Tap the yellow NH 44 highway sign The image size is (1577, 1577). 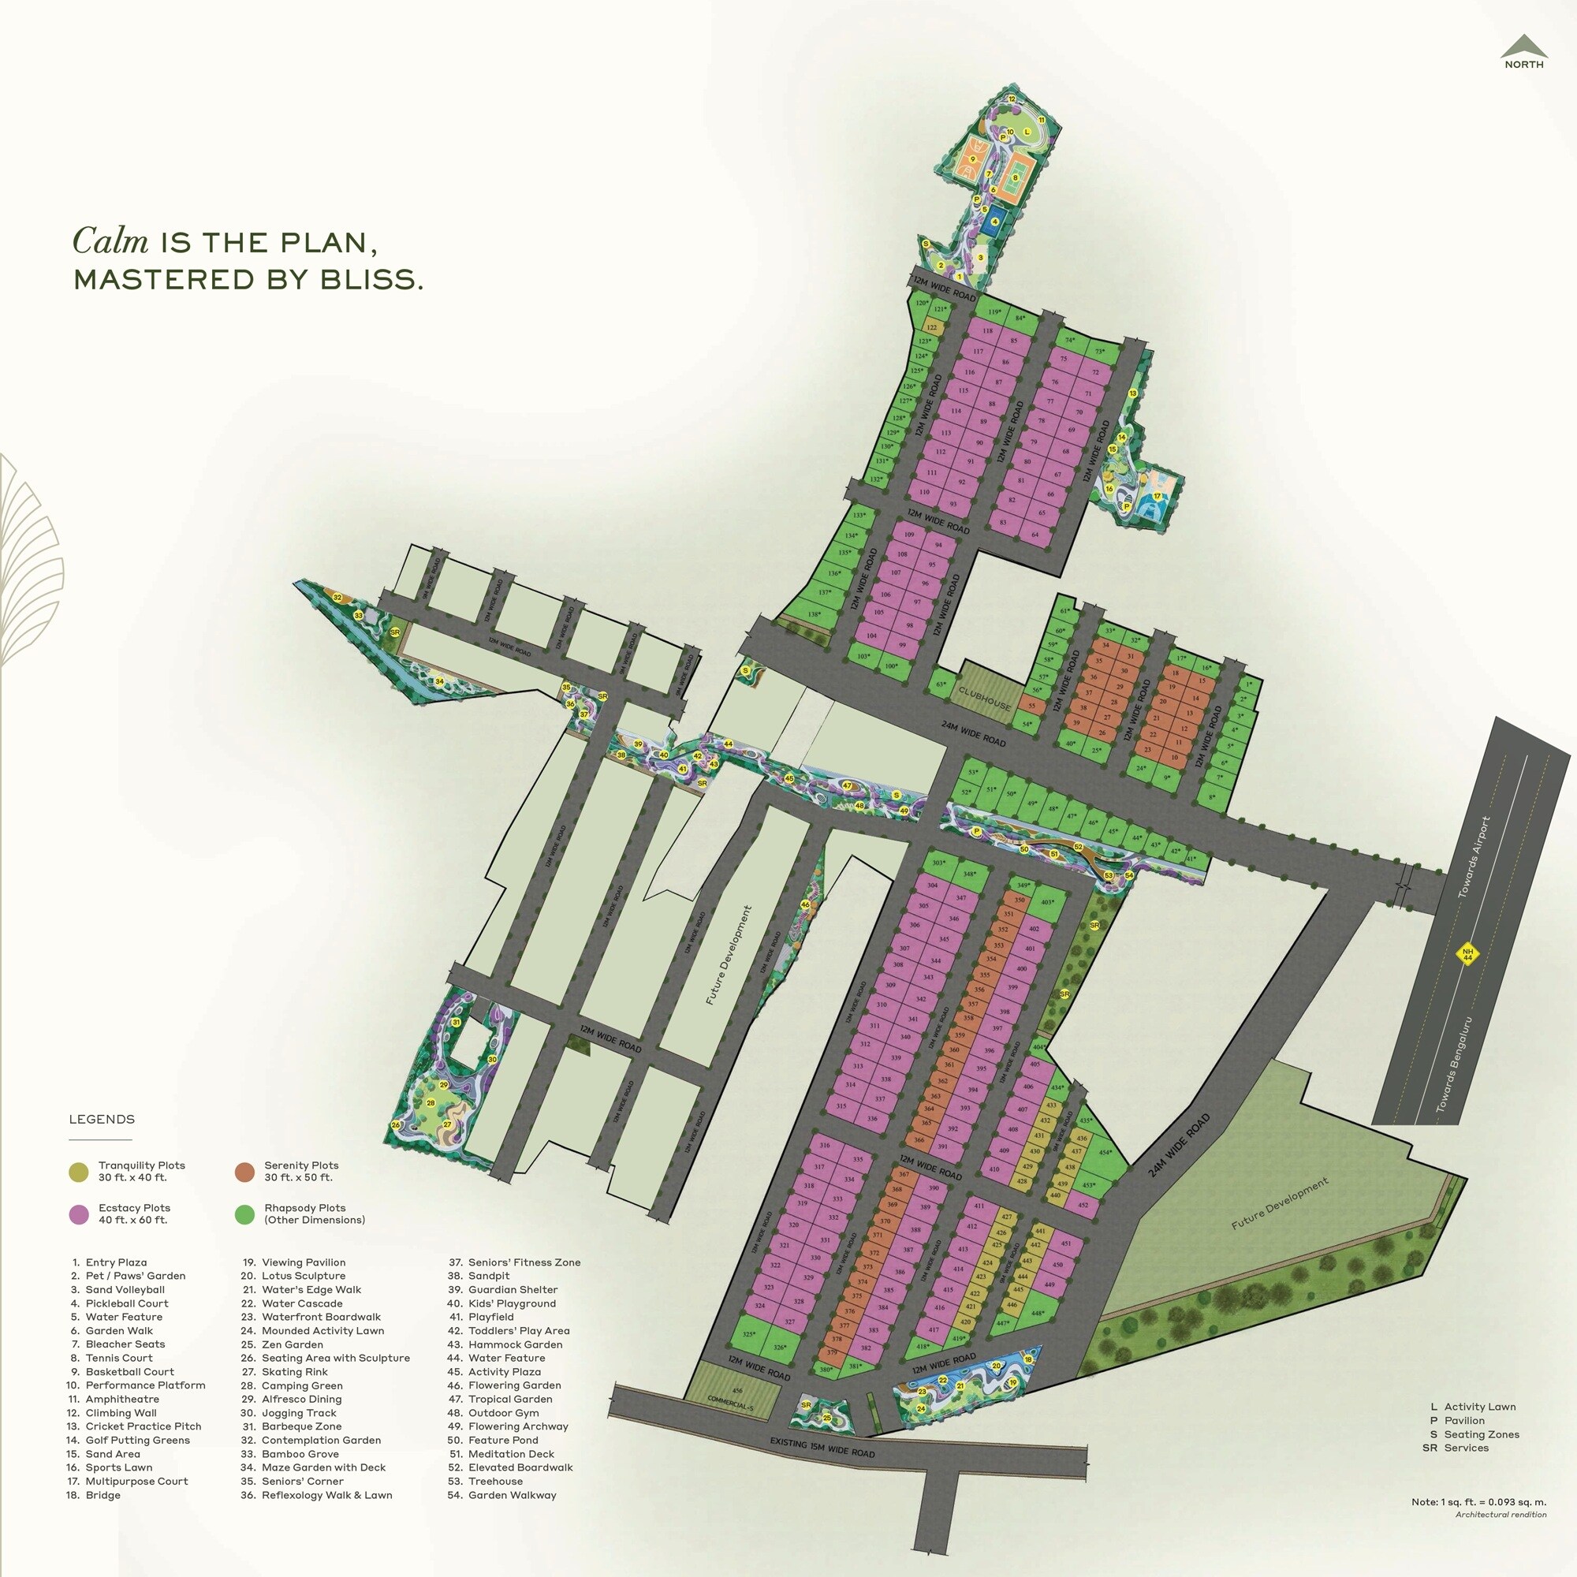click(1467, 953)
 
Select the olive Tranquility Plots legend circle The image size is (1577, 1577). click(78, 1172)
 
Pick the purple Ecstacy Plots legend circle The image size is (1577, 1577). click(78, 1214)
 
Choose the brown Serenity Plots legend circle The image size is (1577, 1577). click(244, 1172)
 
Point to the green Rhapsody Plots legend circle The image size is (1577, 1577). click(244, 1214)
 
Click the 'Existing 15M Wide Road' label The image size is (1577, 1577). click(822, 1448)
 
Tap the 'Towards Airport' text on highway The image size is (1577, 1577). click(1474, 858)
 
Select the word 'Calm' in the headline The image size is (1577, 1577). click(111, 241)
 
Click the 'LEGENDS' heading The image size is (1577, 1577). click(101, 1119)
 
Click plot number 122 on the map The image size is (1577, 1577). click(931, 327)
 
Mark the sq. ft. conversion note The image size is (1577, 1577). click(1478, 1502)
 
